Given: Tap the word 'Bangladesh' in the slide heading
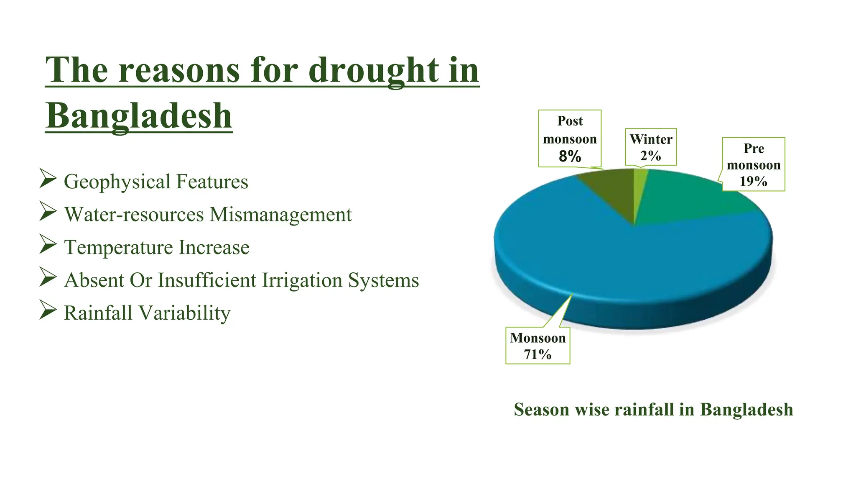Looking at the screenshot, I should click(139, 115).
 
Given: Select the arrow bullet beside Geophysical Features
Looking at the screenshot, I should click(48, 179).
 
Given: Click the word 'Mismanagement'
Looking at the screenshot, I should click(280, 215).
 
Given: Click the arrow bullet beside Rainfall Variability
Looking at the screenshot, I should click(48, 310).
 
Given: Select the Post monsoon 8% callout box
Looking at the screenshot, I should click(570, 138).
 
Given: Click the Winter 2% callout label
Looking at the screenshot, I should click(651, 147).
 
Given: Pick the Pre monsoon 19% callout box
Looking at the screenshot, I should click(754, 164).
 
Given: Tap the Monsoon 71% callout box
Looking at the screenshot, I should click(538, 346).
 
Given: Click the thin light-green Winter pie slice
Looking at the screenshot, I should click(639, 184).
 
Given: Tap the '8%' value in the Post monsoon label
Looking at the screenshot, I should click(570, 156).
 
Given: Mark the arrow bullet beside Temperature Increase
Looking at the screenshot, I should click(48, 244).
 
